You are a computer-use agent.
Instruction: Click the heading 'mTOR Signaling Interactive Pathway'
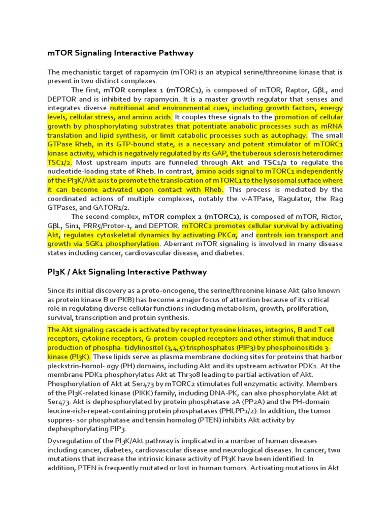point(120,53)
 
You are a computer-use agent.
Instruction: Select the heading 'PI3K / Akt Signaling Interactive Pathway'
point(127,272)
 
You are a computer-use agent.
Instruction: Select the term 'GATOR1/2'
point(114,208)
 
